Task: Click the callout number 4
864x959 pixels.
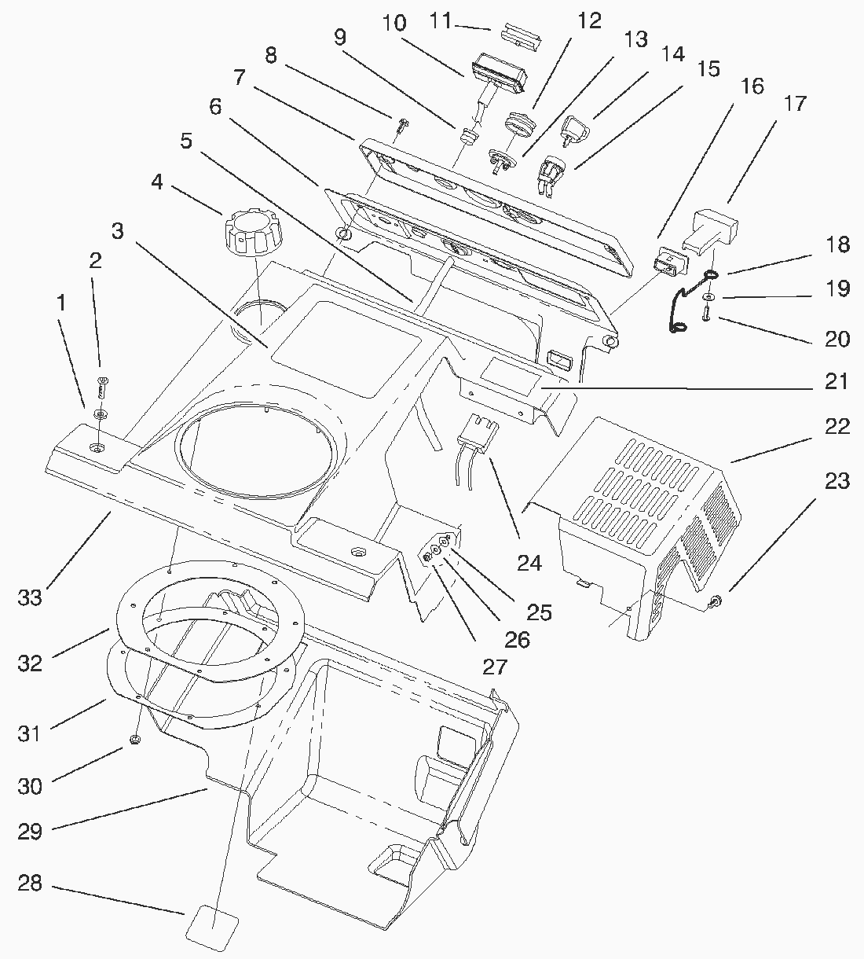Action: pyautogui.click(x=157, y=182)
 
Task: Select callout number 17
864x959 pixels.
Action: pyautogui.click(x=794, y=103)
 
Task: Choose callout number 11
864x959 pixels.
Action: pyautogui.click(x=441, y=20)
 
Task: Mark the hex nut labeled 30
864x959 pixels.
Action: pyautogui.click(x=134, y=740)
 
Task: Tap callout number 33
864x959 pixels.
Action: pyautogui.click(x=30, y=597)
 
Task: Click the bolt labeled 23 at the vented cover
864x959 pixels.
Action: pyautogui.click(x=716, y=602)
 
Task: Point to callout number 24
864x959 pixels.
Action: pyautogui.click(x=529, y=563)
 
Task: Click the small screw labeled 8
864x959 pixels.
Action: pyautogui.click(x=402, y=124)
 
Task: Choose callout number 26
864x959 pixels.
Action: pyautogui.click(x=517, y=640)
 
